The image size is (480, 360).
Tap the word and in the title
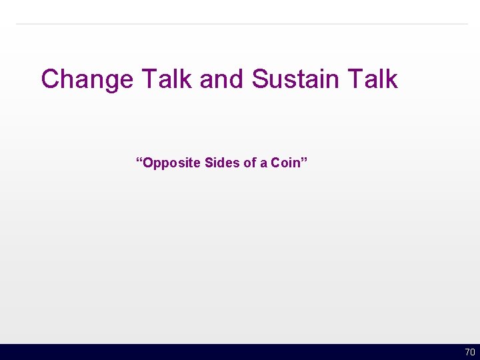pos(223,79)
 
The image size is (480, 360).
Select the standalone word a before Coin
pos(263,163)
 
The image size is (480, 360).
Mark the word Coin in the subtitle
pos(285,163)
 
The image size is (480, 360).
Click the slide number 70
pos(470,352)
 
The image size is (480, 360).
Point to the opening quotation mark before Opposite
pos(139,161)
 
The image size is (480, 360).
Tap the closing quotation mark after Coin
pos(304,161)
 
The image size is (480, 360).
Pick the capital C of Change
pos(51,79)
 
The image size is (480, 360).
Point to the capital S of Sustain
pos(260,79)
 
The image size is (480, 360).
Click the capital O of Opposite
pos(147,163)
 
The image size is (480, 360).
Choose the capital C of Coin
pos(275,163)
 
